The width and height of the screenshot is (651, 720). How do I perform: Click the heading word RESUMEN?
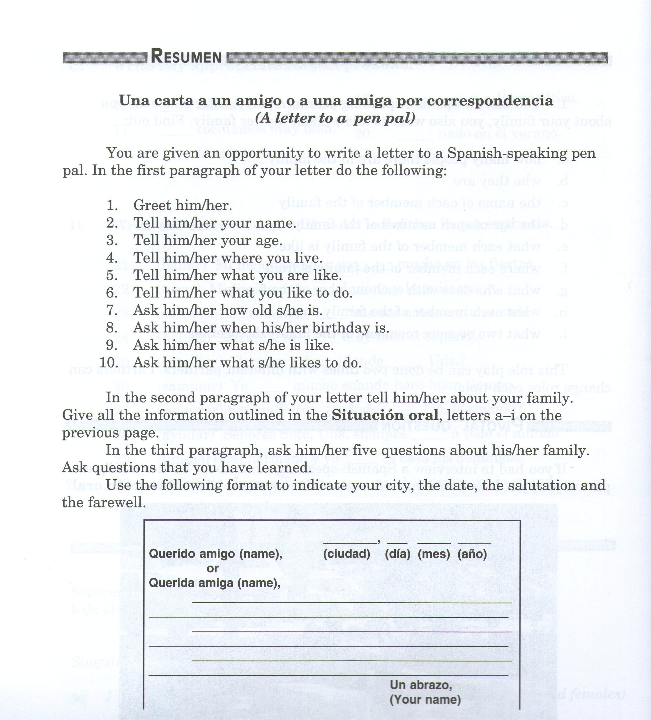pos(186,56)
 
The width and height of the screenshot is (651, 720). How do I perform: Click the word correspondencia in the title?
pos(490,100)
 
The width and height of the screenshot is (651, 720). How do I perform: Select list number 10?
pos(109,362)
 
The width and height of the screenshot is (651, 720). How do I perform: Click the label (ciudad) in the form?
pos(346,554)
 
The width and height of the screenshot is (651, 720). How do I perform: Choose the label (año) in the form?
pos(472,554)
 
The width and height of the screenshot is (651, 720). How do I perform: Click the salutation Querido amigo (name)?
pos(215,554)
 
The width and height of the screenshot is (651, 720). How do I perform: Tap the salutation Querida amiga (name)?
pos(214,583)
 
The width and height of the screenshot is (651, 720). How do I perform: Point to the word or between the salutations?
pos(213,569)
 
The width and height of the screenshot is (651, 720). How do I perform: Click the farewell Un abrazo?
pos(421,685)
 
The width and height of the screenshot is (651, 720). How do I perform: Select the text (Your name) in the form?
pos(425,700)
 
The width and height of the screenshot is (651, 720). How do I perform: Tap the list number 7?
pos(112,310)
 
